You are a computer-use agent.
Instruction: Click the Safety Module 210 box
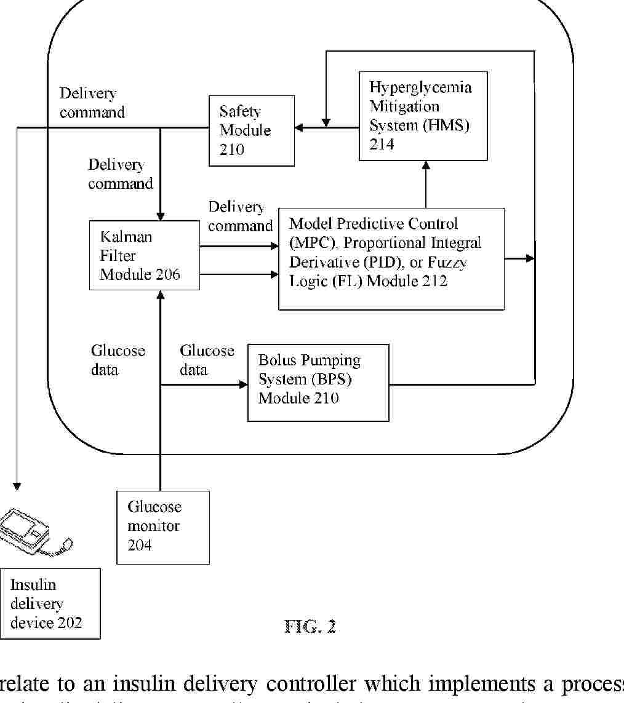click(251, 130)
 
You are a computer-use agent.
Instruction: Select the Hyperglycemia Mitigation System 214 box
click(423, 116)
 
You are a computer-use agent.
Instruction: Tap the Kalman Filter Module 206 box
click(144, 255)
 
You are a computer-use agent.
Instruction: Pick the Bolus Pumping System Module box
click(318, 383)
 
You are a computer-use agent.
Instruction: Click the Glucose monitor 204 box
click(163, 526)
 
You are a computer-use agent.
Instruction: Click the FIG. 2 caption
click(310, 627)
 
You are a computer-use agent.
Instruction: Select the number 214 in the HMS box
click(382, 145)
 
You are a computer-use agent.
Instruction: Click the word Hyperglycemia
click(420, 87)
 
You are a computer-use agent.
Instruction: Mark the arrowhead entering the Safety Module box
click(299, 128)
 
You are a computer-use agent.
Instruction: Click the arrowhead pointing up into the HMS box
click(425, 164)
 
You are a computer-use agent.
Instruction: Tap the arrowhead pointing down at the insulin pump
click(17, 487)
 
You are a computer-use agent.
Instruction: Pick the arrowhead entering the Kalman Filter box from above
click(160, 216)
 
